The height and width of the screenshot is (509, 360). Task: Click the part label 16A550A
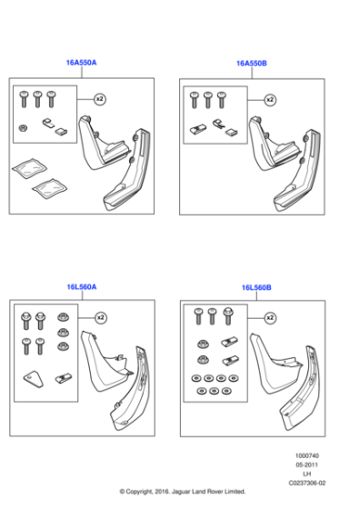(x=81, y=63)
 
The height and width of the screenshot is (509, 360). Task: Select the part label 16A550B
(x=252, y=64)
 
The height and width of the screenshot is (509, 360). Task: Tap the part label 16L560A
(x=82, y=287)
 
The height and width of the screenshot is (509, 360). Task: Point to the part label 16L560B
(x=256, y=287)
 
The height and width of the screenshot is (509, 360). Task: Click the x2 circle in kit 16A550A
(x=100, y=99)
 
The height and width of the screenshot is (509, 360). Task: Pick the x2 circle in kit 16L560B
(x=270, y=318)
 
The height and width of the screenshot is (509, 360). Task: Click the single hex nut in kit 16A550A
(x=23, y=127)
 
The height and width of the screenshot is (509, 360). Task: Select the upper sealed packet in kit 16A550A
(x=29, y=168)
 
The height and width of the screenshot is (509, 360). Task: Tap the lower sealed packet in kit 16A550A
(x=50, y=188)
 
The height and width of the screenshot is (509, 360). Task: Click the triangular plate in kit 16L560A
(x=33, y=379)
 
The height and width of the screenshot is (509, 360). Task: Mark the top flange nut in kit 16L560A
(x=63, y=317)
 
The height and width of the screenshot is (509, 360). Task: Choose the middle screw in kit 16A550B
(x=208, y=100)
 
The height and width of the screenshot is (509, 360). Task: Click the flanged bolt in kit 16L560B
(x=228, y=316)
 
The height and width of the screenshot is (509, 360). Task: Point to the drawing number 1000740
(x=307, y=455)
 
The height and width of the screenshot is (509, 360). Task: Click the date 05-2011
(x=306, y=464)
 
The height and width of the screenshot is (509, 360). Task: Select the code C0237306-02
(x=307, y=483)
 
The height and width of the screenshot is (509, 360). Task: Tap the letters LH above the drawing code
(x=306, y=474)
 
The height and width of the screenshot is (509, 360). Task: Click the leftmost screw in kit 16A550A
(x=24, y=99)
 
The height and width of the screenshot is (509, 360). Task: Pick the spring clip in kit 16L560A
(x=64, y=378)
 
